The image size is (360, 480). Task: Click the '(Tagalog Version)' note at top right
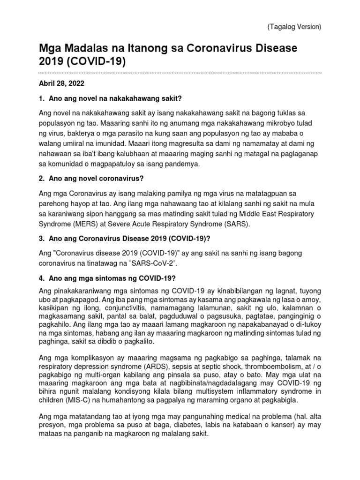[294, 27]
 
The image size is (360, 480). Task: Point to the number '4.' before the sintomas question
[41, 278]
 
